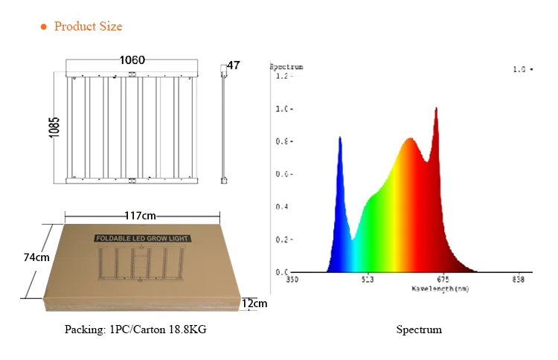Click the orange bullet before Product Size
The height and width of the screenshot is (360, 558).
pos(43,27)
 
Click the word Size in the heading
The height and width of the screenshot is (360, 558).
pos(109,27)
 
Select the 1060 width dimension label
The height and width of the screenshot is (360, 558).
pos(132,60)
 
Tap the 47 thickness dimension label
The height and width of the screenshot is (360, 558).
pos(234,65)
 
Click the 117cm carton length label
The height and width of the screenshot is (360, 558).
pos(140,216)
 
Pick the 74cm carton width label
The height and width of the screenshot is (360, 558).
pos(36,257)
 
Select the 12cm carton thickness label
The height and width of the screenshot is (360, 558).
pos(254,303)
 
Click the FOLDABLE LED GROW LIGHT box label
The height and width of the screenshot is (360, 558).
pos(141,240)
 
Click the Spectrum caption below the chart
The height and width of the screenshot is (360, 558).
pos(419,330)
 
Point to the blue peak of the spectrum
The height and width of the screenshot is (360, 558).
pos(340,139)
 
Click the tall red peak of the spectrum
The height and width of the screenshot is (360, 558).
pos(435,110)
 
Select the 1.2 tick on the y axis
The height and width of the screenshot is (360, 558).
pos(282,76)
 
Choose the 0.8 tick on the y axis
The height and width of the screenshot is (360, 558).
pos(282,141)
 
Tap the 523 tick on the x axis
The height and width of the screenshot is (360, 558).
pos(368,280)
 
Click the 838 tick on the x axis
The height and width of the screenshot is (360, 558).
pos(519,280)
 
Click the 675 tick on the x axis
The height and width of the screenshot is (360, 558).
pos(442,280)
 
